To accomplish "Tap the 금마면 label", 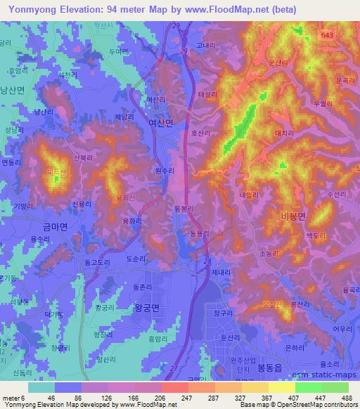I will tap(54, 227).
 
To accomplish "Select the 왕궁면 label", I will tap(148, 306).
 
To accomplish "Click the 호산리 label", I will tap(201, 132).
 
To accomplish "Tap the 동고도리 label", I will tap(98, 262).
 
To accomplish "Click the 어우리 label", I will tap(342, 327).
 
